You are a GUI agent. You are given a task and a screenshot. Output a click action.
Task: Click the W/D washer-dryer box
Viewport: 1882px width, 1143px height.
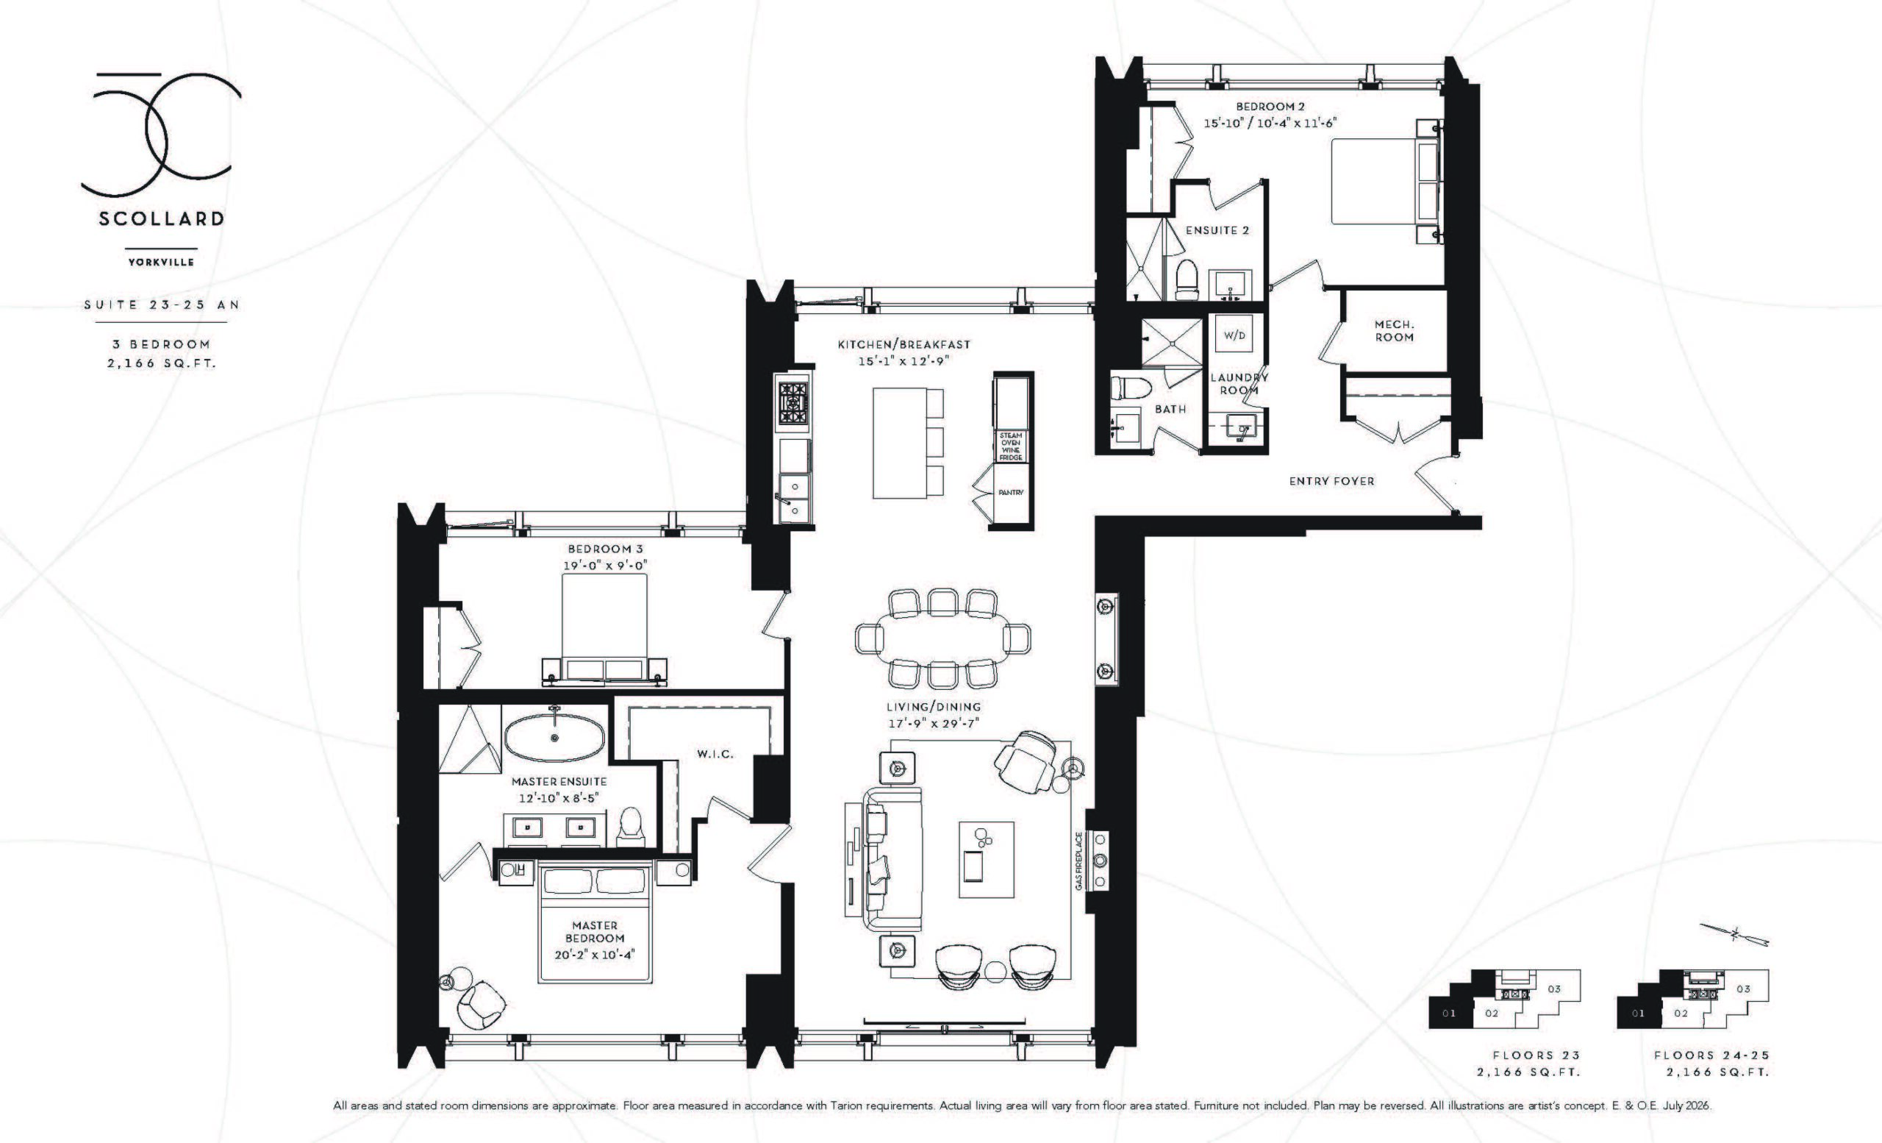click(x=1234, y=335)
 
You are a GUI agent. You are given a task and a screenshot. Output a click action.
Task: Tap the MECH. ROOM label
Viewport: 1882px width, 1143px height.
click(x=1394, y=331)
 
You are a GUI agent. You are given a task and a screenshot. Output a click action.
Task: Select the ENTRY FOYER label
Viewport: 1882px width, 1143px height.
click(x=1331, y=481)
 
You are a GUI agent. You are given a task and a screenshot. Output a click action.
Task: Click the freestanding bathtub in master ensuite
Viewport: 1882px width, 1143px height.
click(x=554, y=737)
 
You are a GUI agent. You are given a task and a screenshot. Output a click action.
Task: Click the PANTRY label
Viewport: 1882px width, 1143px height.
click(x=1011, y=493)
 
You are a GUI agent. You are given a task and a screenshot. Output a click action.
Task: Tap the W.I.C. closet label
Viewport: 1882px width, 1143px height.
click(x=715, y=754)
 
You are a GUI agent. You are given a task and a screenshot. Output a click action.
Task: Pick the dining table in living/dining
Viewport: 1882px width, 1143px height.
click(x=943, y=638)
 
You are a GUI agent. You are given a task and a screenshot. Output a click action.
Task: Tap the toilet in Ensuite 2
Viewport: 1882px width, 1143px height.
click(x=1187, y=279)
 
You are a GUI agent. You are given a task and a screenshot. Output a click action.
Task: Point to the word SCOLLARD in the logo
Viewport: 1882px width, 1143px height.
click(x=161, y=218)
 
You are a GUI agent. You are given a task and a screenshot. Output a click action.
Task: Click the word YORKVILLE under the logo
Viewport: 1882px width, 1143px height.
click(x=161, y=262)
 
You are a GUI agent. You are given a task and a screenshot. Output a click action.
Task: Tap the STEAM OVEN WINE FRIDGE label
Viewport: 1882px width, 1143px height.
click(x=1011, y=446)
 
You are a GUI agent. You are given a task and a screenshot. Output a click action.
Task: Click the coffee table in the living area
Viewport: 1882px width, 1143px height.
click(x=987, y=860)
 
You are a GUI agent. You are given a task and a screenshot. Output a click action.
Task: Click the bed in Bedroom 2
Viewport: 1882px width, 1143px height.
click(x=1384, y=181)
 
